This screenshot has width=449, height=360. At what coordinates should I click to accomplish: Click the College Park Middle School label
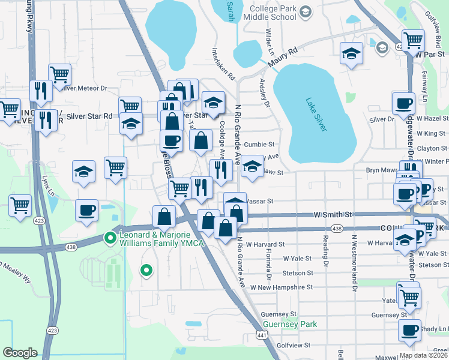click(x=270, y=13)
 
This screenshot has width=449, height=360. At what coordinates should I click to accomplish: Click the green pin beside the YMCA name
click(x=110, y=239)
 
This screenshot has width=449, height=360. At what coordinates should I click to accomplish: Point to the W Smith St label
click(x=332, y=214)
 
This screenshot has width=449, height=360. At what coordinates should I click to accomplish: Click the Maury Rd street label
click(x=283, y=57)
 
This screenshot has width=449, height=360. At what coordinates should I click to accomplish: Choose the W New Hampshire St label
click(x=280, y=287)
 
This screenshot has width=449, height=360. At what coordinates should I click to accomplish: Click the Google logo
click(x=20, y=353)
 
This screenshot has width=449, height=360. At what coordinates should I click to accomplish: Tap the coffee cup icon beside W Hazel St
click(x=403, y=104)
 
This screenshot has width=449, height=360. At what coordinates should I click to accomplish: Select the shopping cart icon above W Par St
click(x=412, y=41)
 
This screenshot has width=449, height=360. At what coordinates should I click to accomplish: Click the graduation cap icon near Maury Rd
click(x=351, y=53)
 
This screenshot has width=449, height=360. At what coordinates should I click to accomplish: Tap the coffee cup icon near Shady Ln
click(x=410, y=331)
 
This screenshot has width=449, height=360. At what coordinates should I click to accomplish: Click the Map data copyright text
click(x=423, y=355)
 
